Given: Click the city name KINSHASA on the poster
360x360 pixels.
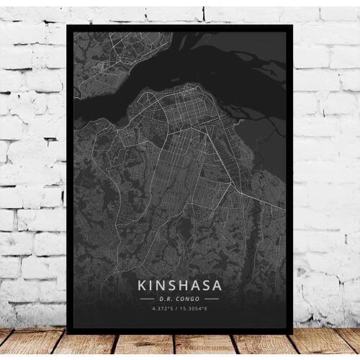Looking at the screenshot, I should point(179,286).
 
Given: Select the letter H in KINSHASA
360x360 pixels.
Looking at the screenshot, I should point(182,286).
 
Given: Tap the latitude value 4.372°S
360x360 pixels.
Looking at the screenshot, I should point(163,308).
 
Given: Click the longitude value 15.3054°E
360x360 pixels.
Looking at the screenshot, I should point(194,308).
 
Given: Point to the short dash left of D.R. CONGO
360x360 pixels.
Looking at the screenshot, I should point(146,298).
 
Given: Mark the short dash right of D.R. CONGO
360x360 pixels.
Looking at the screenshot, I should point(213,298).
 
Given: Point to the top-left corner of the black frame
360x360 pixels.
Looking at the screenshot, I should point(66,25).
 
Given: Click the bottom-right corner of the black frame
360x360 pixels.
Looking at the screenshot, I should point(292,333).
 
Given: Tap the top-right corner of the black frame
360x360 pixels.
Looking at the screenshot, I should point(292,25).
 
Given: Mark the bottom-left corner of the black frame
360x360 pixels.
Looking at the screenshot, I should point(66,333).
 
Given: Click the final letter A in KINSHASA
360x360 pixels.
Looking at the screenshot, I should point(220,286).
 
